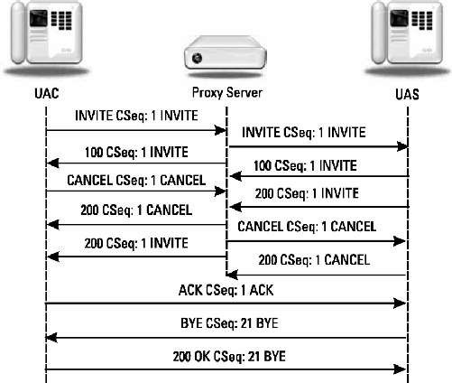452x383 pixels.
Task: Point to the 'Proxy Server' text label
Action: coord(225,93)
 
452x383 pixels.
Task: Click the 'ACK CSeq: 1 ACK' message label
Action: coord(225,290)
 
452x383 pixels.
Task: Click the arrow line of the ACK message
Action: coord(225,304)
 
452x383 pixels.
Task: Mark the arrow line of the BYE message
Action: coord(225,336)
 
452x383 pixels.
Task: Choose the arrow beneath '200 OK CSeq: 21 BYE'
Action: coord(225,368)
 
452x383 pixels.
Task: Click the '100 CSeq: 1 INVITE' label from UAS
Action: coord(313,164)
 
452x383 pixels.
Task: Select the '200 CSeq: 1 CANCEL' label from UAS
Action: coord(313,259)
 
